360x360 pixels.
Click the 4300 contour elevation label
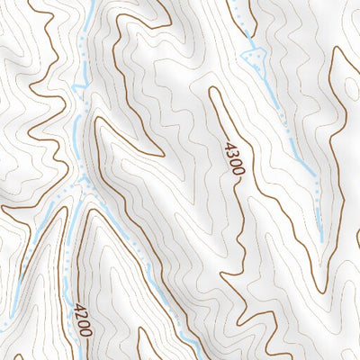(232, 157)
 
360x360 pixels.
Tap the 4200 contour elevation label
(83, 319)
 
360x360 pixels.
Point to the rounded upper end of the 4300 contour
(214, 89)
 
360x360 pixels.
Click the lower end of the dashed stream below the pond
(320, 239)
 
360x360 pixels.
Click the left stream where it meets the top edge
(93, 3)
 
